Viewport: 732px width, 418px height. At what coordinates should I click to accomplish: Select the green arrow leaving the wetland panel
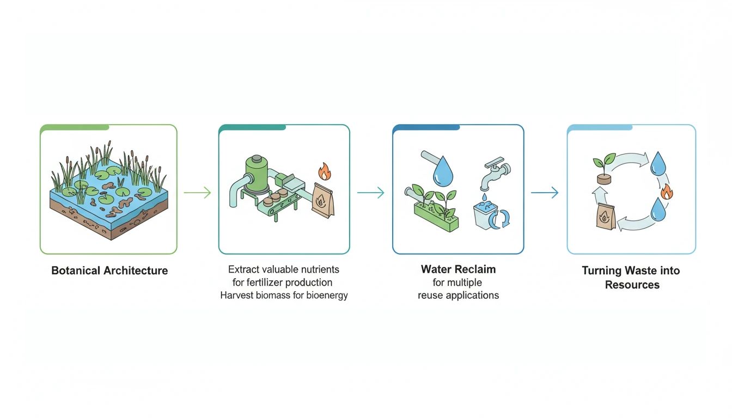tap(197, 192)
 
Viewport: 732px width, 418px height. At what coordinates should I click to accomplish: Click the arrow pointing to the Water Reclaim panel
tap(370, 192)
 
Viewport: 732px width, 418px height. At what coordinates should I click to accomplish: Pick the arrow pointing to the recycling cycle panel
tap(545, 192)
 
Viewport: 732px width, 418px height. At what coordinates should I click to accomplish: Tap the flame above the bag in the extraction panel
tap(325, 172)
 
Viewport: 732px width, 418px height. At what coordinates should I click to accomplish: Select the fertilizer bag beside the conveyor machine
tap(323, 200)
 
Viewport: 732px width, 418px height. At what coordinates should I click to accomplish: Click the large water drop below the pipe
tap(442, 173)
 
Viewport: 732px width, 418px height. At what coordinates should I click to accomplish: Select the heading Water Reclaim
tap(458, 269)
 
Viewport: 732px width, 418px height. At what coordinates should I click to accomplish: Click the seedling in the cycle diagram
tap(603, 168)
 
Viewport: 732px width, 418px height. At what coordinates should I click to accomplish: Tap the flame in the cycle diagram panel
tap(666, 191)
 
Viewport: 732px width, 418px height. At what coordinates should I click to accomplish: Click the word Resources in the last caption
tap(632, 285)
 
